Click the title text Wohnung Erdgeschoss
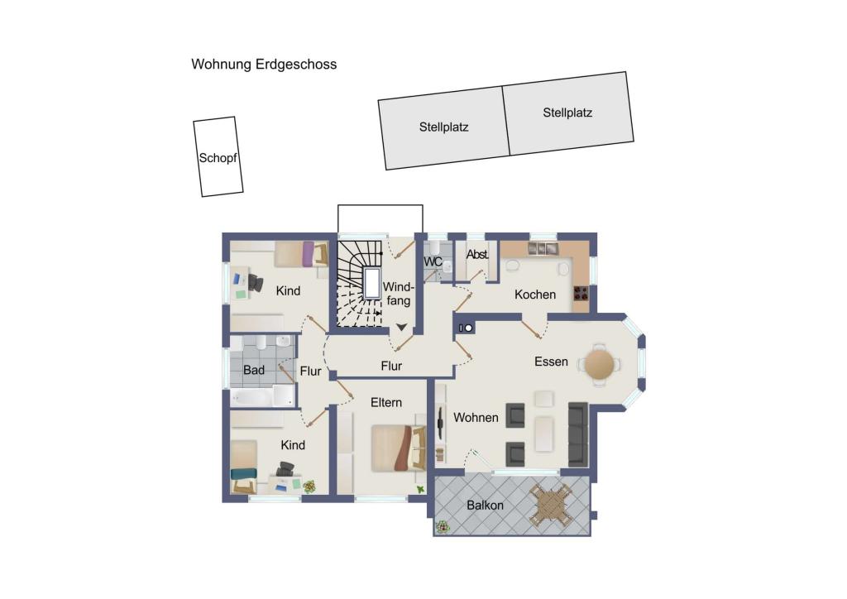264,64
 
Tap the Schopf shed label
218,157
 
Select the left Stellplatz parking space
443,128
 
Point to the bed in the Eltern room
397,448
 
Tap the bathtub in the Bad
261,397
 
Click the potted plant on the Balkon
443,526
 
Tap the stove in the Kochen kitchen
581,292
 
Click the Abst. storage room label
477,256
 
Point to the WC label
433,261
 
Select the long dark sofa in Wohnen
577,433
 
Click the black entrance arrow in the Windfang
401,328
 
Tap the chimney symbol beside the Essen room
465,328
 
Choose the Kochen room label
534,295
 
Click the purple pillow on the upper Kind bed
309,253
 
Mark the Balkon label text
485,506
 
